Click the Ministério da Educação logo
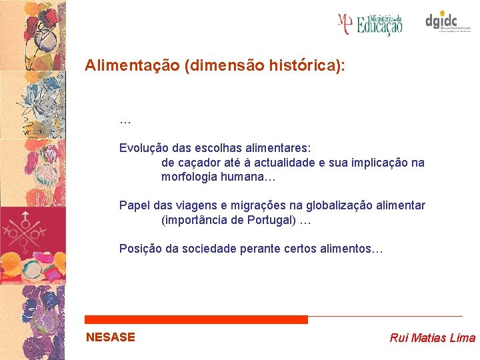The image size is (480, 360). pos(370,24)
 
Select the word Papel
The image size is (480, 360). pos(134,205)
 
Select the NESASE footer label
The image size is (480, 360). pos(110,337)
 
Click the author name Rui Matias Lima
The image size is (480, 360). pos(432,338)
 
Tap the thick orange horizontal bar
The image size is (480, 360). pos(196,320)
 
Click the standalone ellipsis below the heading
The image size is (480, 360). pos(125,121)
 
